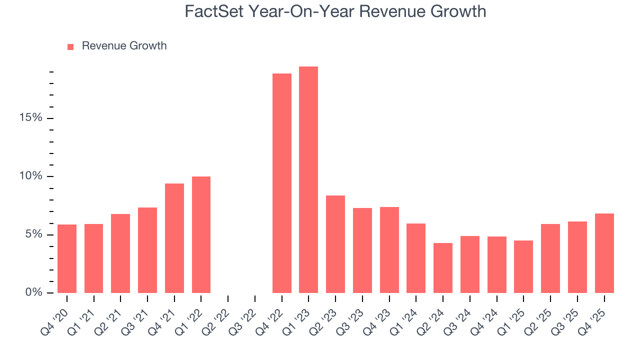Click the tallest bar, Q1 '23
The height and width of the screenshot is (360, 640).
click(x=308, y=180)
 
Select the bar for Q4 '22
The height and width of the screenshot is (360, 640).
click(x=281, y=183)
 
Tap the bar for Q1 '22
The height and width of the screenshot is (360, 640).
click(x=201, y=235)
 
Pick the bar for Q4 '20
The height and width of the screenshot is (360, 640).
click(x=67, y=259)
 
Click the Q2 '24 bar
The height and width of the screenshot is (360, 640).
click(x=442, y=268)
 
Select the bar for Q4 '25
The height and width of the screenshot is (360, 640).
click(x=604, y=253)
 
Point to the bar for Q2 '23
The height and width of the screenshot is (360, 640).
click(x=335, y=244)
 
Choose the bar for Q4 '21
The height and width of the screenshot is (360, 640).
click(x=174, y=238)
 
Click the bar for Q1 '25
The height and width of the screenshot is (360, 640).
click(x=523, y=267)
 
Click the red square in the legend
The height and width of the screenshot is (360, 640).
click(x=70, y=46)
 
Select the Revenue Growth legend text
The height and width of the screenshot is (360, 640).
click(x=124, y=46)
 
